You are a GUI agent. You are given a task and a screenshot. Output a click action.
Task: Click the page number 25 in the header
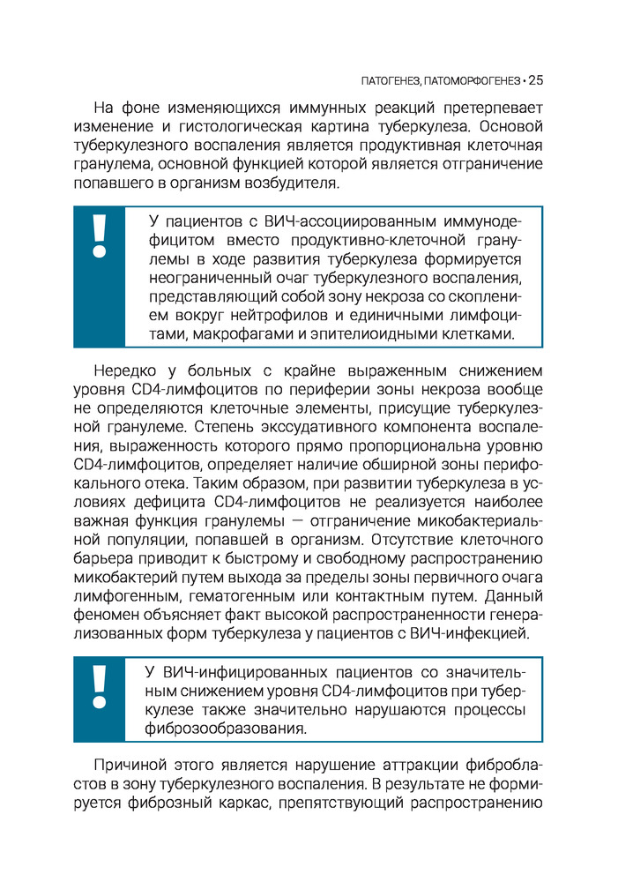[x=536, y=80]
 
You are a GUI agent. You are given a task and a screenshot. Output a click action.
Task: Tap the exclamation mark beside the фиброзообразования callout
[x=100, y=685]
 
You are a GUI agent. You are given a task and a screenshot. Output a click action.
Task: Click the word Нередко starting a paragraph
[x=121, y=371]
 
